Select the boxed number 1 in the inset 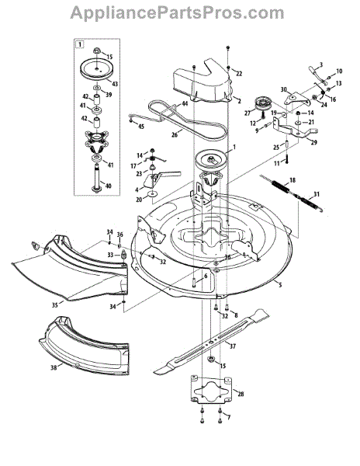point(79,44)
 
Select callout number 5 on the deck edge point(279,286)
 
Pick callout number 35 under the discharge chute point(55,304)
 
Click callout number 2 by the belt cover point(240,101)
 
